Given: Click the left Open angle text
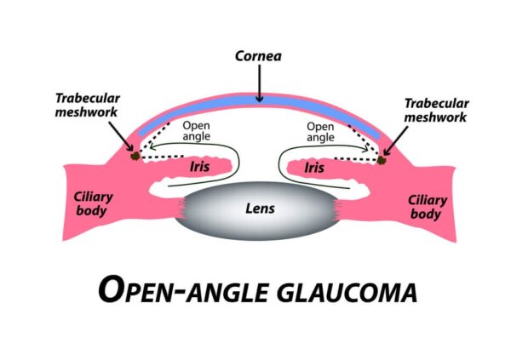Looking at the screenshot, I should pos(197,131).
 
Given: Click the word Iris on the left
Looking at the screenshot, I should pos(199,168).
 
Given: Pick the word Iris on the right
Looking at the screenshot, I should pos(313,168).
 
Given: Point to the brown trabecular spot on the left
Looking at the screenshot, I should pos(134,156).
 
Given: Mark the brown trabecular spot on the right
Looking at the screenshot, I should pos(382,157).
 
